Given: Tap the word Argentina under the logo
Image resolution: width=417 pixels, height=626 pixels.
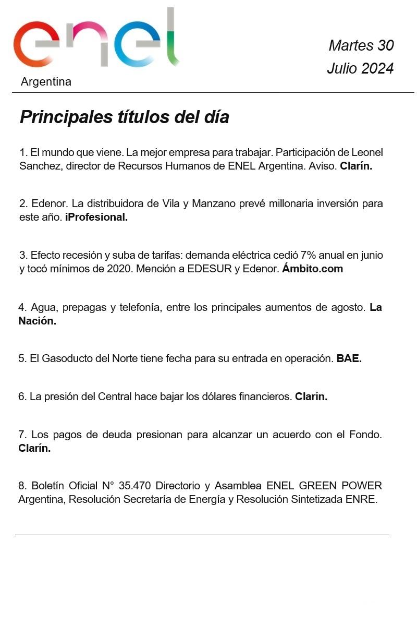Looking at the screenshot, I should click(46, 82).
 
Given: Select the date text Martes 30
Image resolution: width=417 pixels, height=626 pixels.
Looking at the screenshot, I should click(361, 45).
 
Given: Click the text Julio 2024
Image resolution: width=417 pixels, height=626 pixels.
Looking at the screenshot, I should click(360, 68).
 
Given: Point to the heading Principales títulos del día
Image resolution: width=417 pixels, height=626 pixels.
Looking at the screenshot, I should click(124, 117).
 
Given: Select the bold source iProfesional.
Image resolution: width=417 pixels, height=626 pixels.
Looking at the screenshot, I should click(96, 217).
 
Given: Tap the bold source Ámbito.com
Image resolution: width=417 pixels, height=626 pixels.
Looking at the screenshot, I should click(313, 269).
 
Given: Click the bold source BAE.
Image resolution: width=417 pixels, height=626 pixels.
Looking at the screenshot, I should click(349, 358).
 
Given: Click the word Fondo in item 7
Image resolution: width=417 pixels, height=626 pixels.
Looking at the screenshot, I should click(365, 435).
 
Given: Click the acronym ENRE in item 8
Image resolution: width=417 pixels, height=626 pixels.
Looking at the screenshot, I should click(361, 499).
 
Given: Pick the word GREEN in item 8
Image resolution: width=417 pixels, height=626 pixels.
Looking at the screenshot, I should click(318, 486).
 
